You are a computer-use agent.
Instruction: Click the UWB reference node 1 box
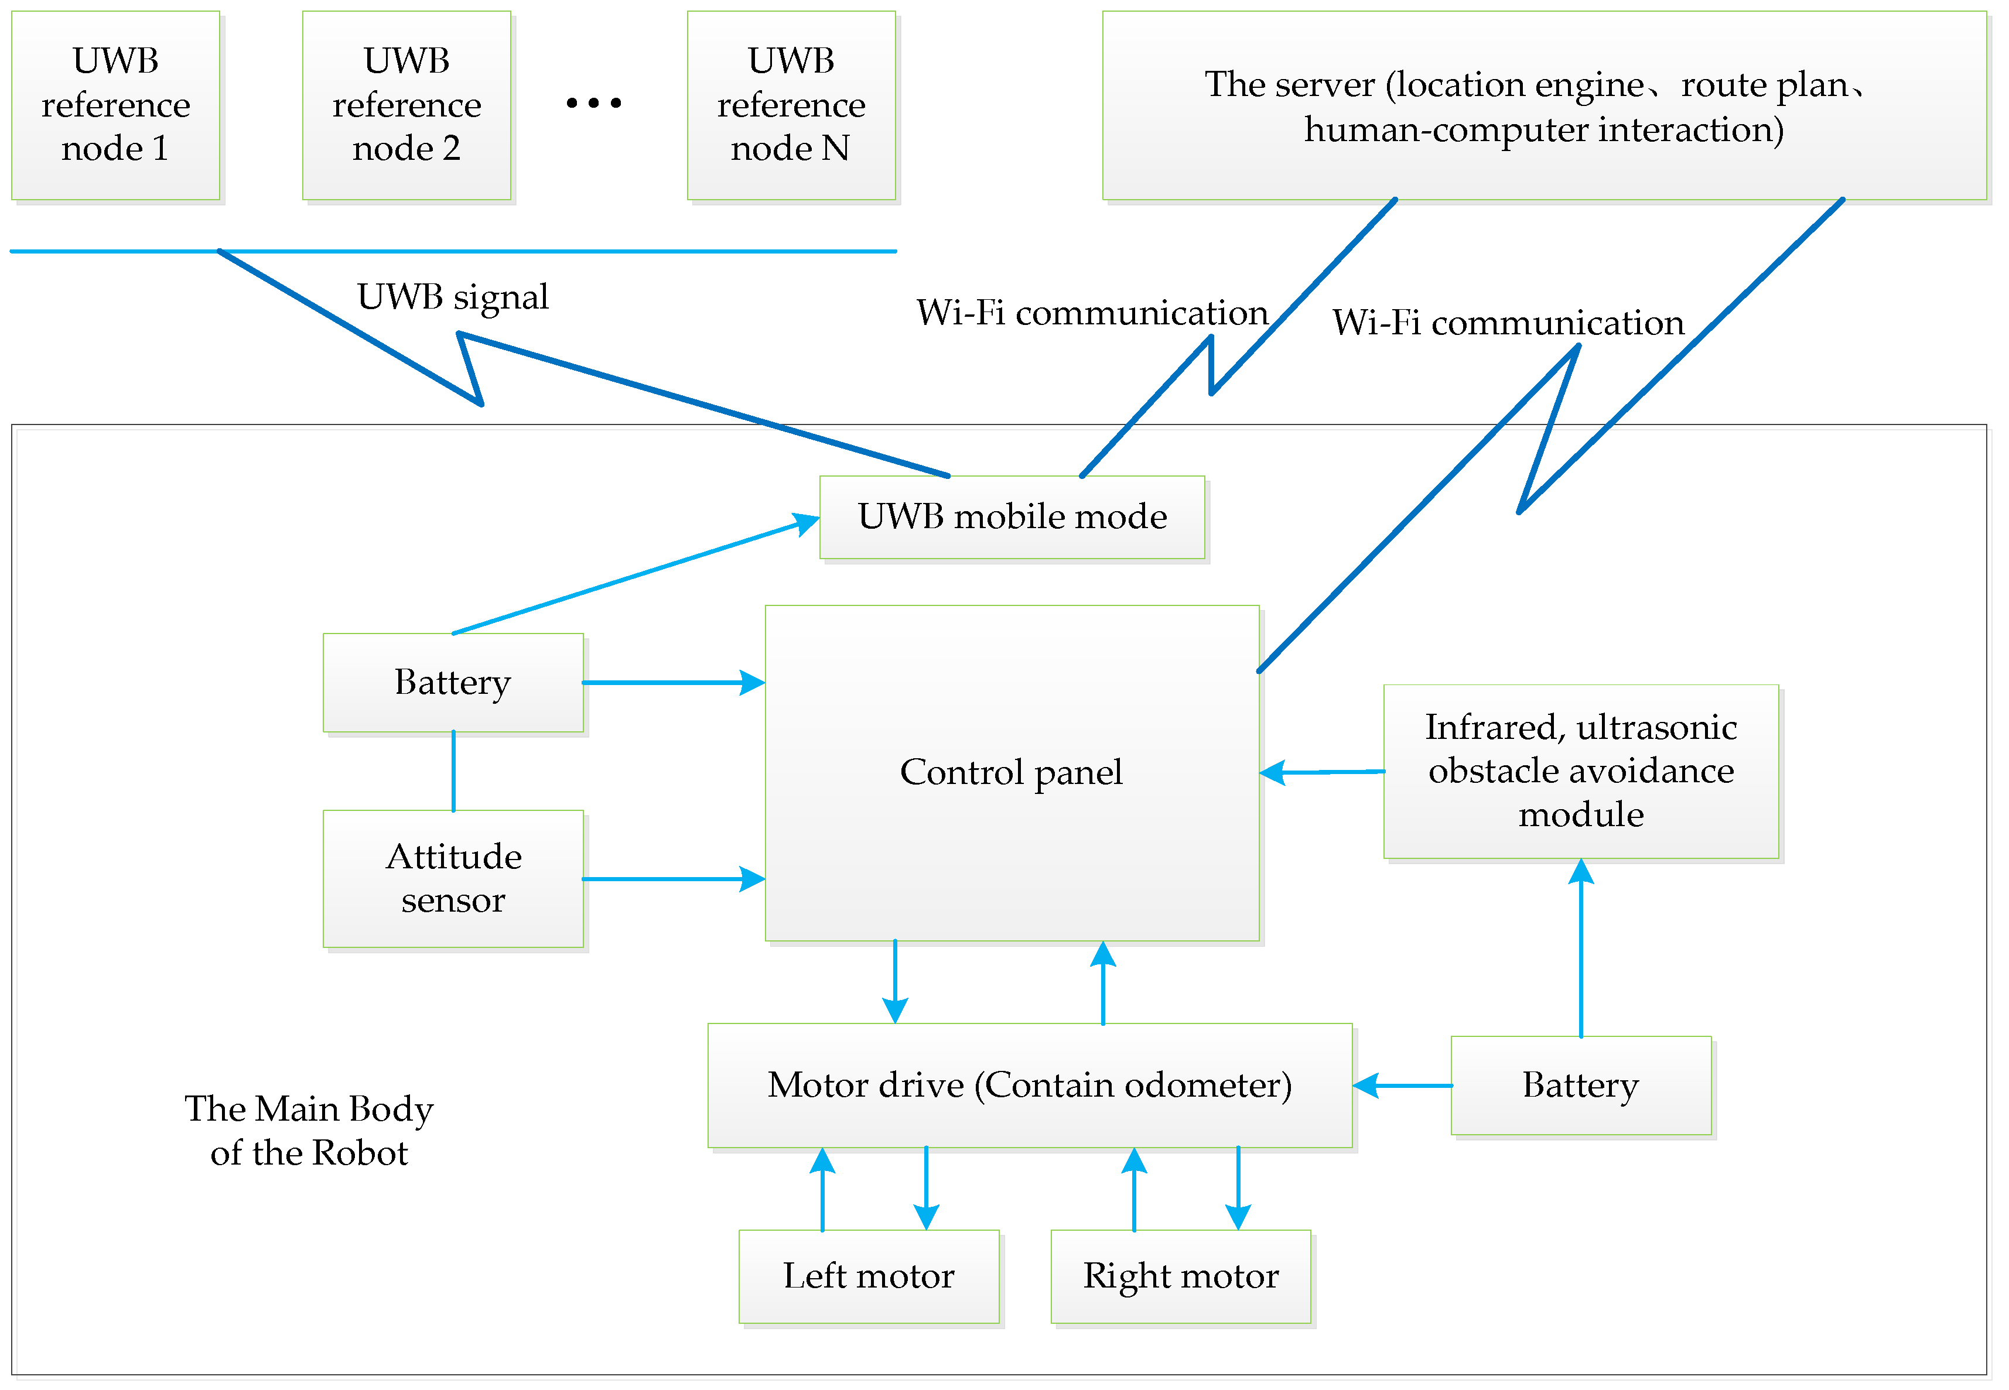pos(115,104)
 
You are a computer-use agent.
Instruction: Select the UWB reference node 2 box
pos(406,104)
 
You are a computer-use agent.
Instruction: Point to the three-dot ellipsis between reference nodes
pos(593,103)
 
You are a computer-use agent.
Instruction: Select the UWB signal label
pos(452,297)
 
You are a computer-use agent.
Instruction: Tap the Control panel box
pos(1012,772)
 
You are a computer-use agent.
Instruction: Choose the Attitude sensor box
pos(452,878)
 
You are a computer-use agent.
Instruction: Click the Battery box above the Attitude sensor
pos(452,682)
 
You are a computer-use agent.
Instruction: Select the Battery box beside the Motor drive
pos(1580,1085)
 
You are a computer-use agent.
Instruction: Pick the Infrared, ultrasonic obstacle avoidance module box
pos(1580,771)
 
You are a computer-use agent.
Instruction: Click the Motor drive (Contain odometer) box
pos(1029,1085)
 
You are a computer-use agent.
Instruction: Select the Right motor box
pos(1180,1276)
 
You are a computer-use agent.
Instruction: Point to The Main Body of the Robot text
pos(309,1131)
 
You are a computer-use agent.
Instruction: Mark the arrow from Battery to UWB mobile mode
pos(636,577)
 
